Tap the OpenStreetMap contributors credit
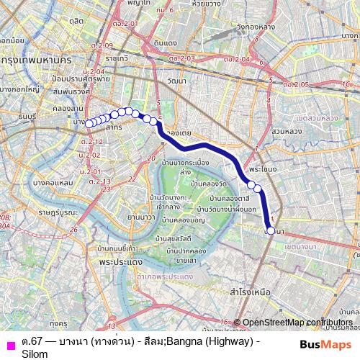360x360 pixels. click(297, 322)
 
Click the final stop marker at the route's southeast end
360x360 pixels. click(271, 230)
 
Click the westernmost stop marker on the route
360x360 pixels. click(89, 124)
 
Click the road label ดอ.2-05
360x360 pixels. click(297, 84)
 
